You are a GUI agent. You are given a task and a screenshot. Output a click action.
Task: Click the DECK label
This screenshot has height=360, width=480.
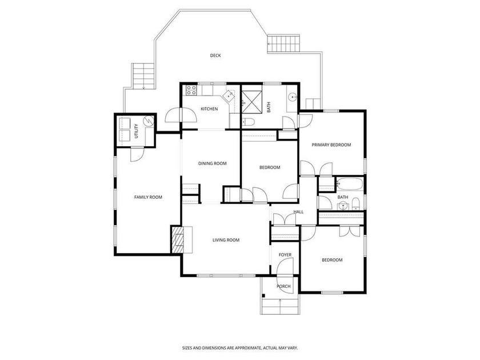pos(215,55)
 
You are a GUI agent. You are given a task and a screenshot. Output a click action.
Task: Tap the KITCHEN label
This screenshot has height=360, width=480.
pos(209,109)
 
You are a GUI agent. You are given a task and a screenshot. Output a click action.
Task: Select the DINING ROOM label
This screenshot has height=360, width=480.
pos(213,163)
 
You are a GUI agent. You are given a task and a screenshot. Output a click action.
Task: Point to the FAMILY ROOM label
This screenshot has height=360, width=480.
pos(148,197)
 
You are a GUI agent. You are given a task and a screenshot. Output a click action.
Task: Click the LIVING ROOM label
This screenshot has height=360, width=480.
pos(226,240)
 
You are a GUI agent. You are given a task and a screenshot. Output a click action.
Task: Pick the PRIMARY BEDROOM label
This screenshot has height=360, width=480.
pos(331,145)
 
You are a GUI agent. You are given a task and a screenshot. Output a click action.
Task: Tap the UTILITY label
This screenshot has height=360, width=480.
pos(137,131)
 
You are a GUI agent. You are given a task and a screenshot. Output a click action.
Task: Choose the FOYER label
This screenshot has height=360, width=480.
pos(285,255)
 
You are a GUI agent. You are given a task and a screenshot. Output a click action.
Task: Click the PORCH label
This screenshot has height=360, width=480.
pos(283,286)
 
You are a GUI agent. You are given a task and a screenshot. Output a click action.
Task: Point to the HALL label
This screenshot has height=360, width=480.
pos(298,212)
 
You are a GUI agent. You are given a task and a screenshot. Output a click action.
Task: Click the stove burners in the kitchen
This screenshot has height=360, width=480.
pos(191,90)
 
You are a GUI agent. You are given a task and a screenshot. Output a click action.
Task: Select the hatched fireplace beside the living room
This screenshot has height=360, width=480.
pos(178,239)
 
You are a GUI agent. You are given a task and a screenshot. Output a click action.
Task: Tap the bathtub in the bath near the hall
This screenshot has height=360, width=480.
pos(349,184)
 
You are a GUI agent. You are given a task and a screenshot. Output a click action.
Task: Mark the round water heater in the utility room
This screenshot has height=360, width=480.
pos(149,121)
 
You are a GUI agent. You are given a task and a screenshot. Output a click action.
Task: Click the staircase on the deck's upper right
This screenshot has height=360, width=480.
pos(283,43)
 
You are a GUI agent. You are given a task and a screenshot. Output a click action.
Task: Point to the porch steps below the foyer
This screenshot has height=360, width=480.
pos(280,306)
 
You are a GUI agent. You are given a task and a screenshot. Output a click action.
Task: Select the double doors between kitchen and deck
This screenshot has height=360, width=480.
pos(181,115)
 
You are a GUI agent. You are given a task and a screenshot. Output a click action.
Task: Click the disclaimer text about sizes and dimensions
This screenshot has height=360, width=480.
pos(240,348)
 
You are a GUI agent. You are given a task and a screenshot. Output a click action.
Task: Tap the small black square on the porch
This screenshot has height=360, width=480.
pos(263,296)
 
